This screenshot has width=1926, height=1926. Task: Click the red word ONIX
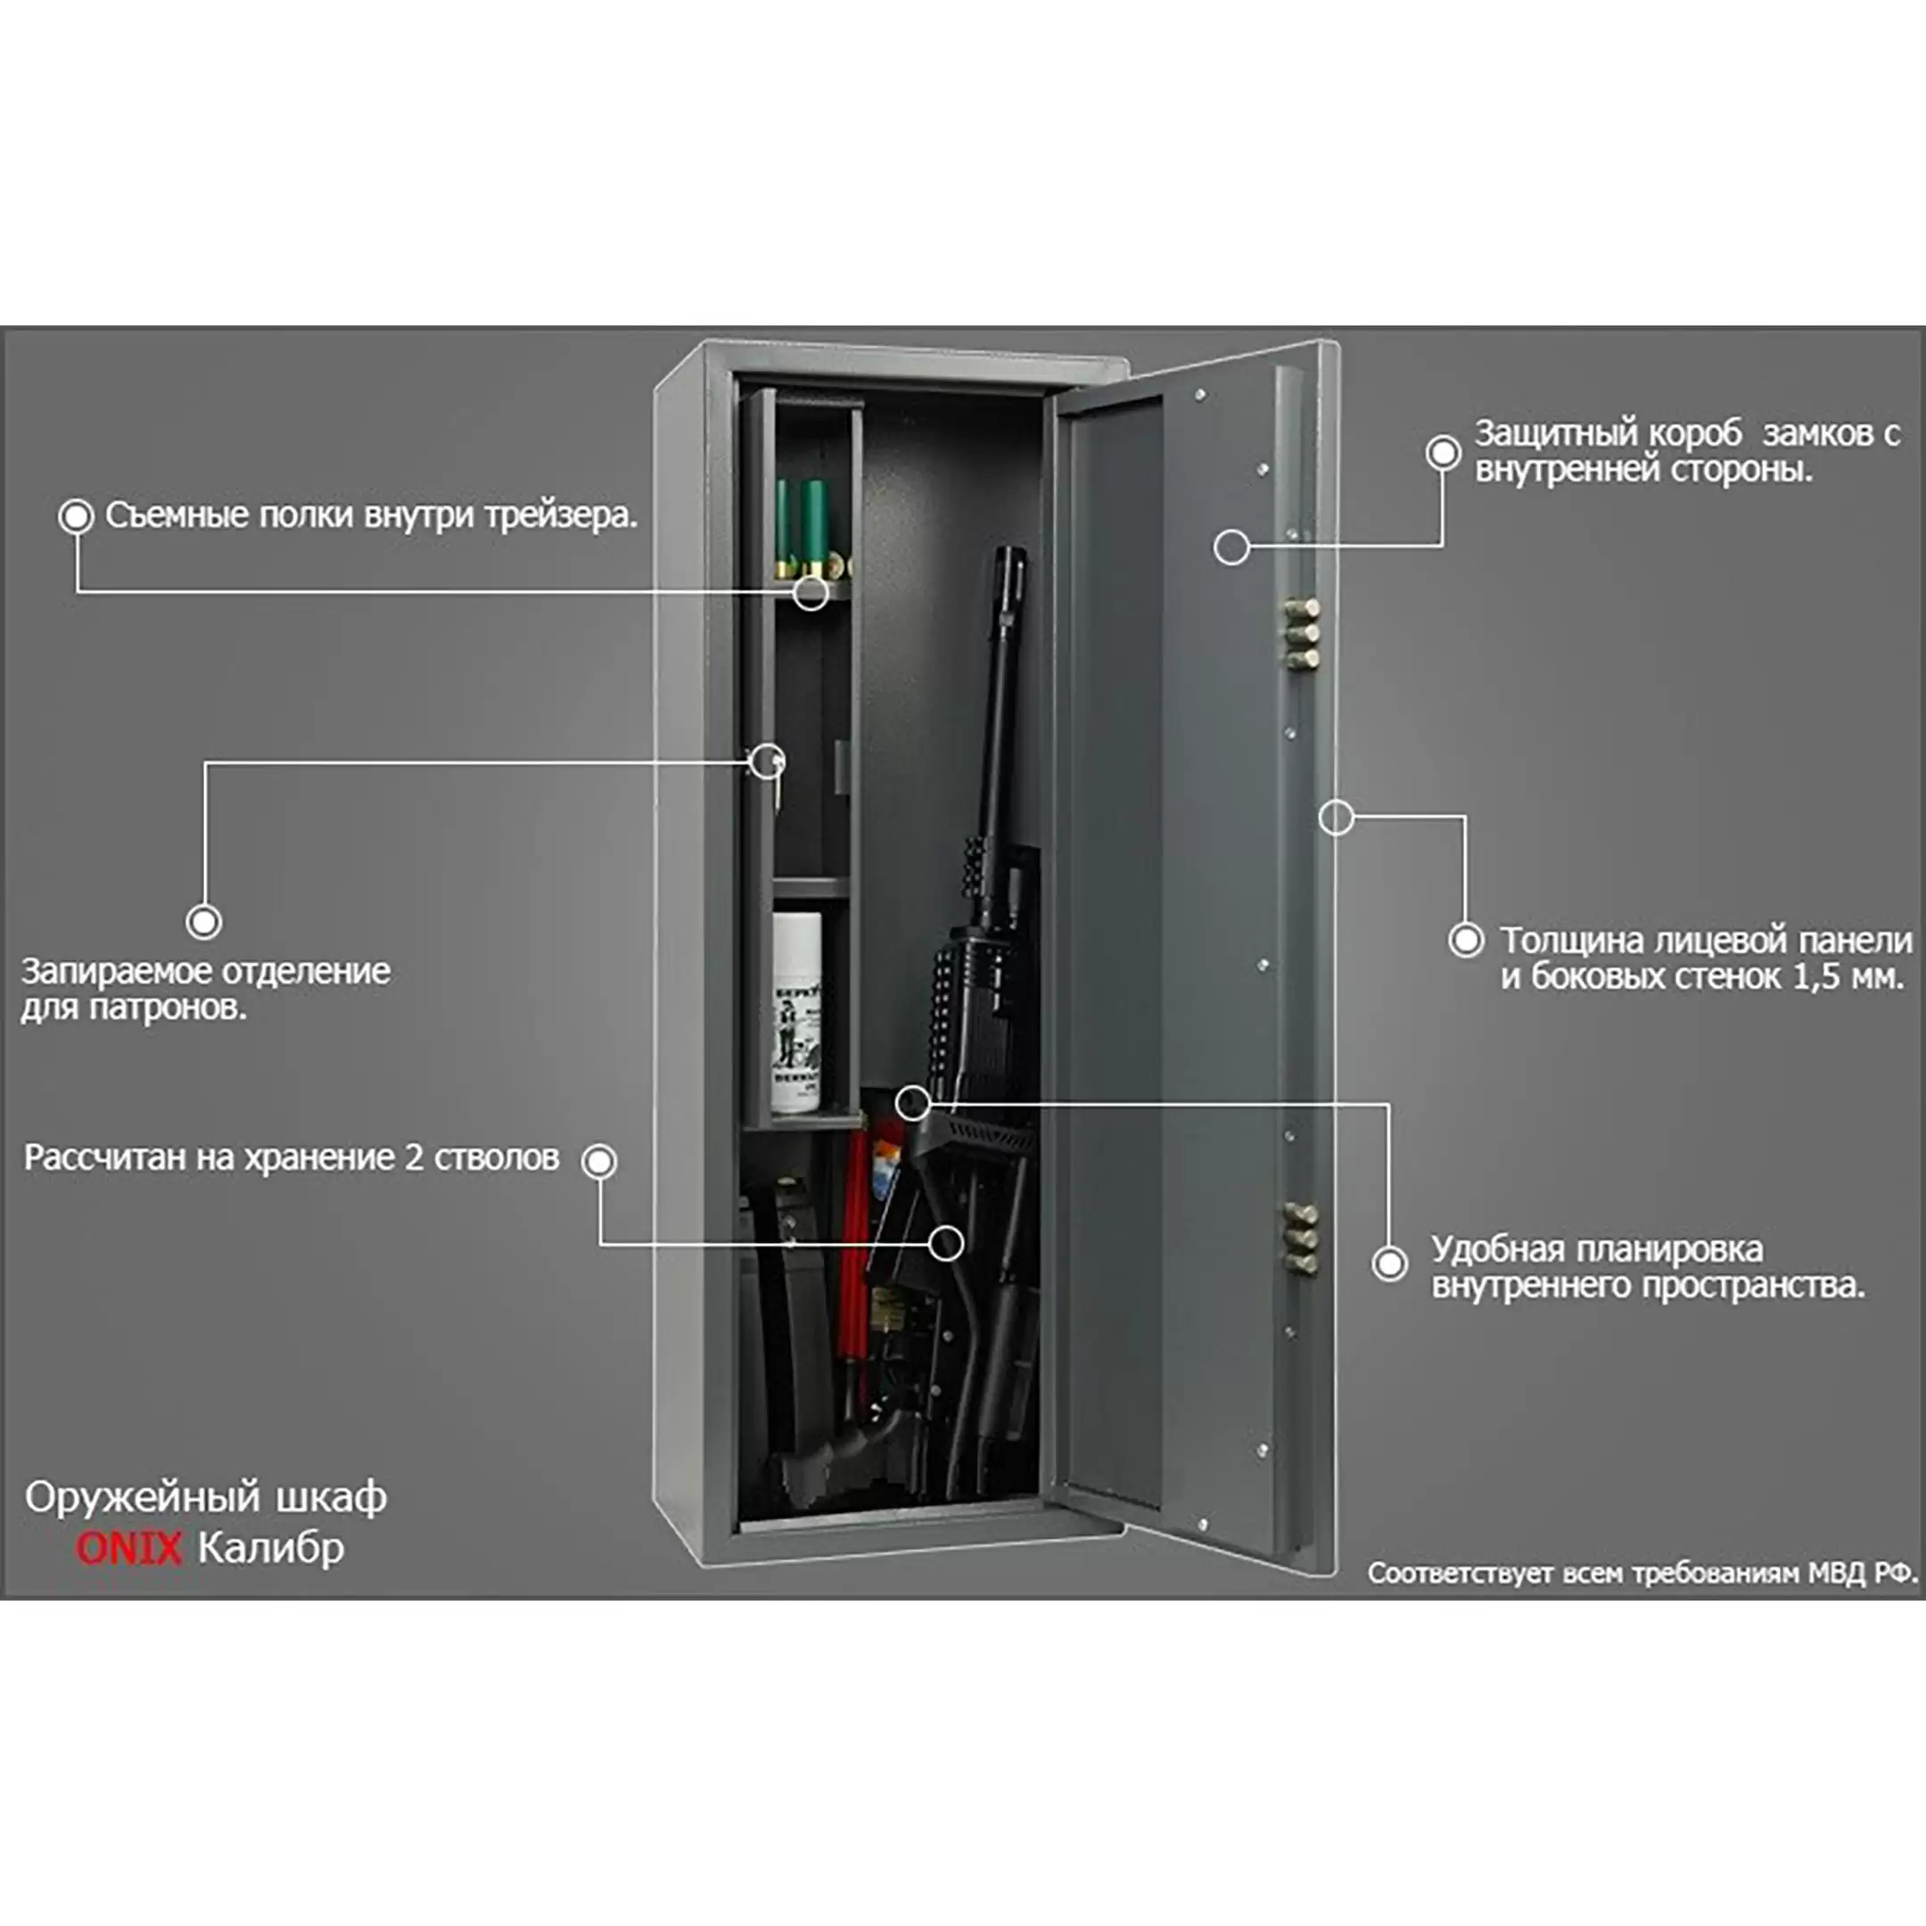128,1548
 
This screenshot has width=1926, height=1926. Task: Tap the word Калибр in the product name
271,1548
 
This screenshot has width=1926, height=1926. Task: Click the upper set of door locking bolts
1301,632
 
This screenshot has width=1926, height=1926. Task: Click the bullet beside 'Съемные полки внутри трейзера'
76,516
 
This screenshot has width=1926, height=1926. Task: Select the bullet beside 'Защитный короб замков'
1443,453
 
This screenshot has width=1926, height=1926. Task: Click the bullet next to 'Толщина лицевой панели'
1465,940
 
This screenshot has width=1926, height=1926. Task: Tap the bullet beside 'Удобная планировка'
1390,1264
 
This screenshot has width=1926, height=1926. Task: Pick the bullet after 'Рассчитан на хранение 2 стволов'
599,1161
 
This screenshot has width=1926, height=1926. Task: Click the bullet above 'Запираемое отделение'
204,922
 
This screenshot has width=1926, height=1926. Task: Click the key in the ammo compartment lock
777,770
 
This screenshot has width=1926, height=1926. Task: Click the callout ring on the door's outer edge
1336,818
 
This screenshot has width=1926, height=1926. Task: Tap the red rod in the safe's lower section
854,1247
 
